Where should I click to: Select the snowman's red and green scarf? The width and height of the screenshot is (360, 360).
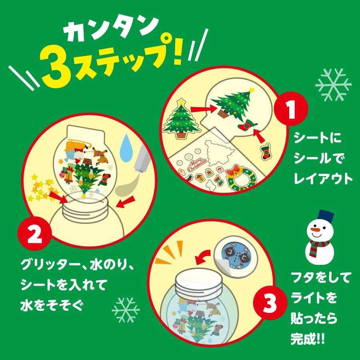point(320,244)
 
